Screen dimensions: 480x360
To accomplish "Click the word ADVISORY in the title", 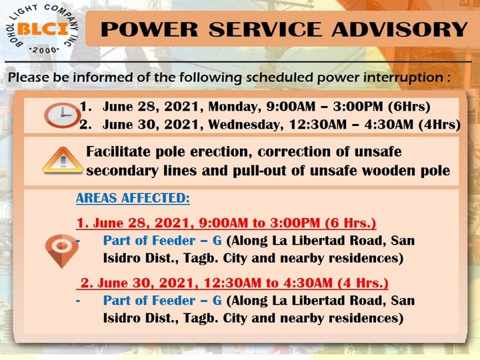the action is click(x=399, y=29).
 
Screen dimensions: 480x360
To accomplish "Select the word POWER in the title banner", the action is click(x=149, y=29).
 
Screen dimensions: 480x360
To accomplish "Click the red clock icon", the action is click(x=63, y=115).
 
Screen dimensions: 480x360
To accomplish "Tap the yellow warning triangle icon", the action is click(x=63, y=161).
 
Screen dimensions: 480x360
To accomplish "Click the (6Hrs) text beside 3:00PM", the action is click(x=409, y=107).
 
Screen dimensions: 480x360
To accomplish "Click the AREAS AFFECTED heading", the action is click(x=133, y=198).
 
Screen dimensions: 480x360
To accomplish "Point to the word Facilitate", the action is click(x=119, y=151).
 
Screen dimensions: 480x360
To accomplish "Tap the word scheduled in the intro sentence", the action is click(x=280, y=77).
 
